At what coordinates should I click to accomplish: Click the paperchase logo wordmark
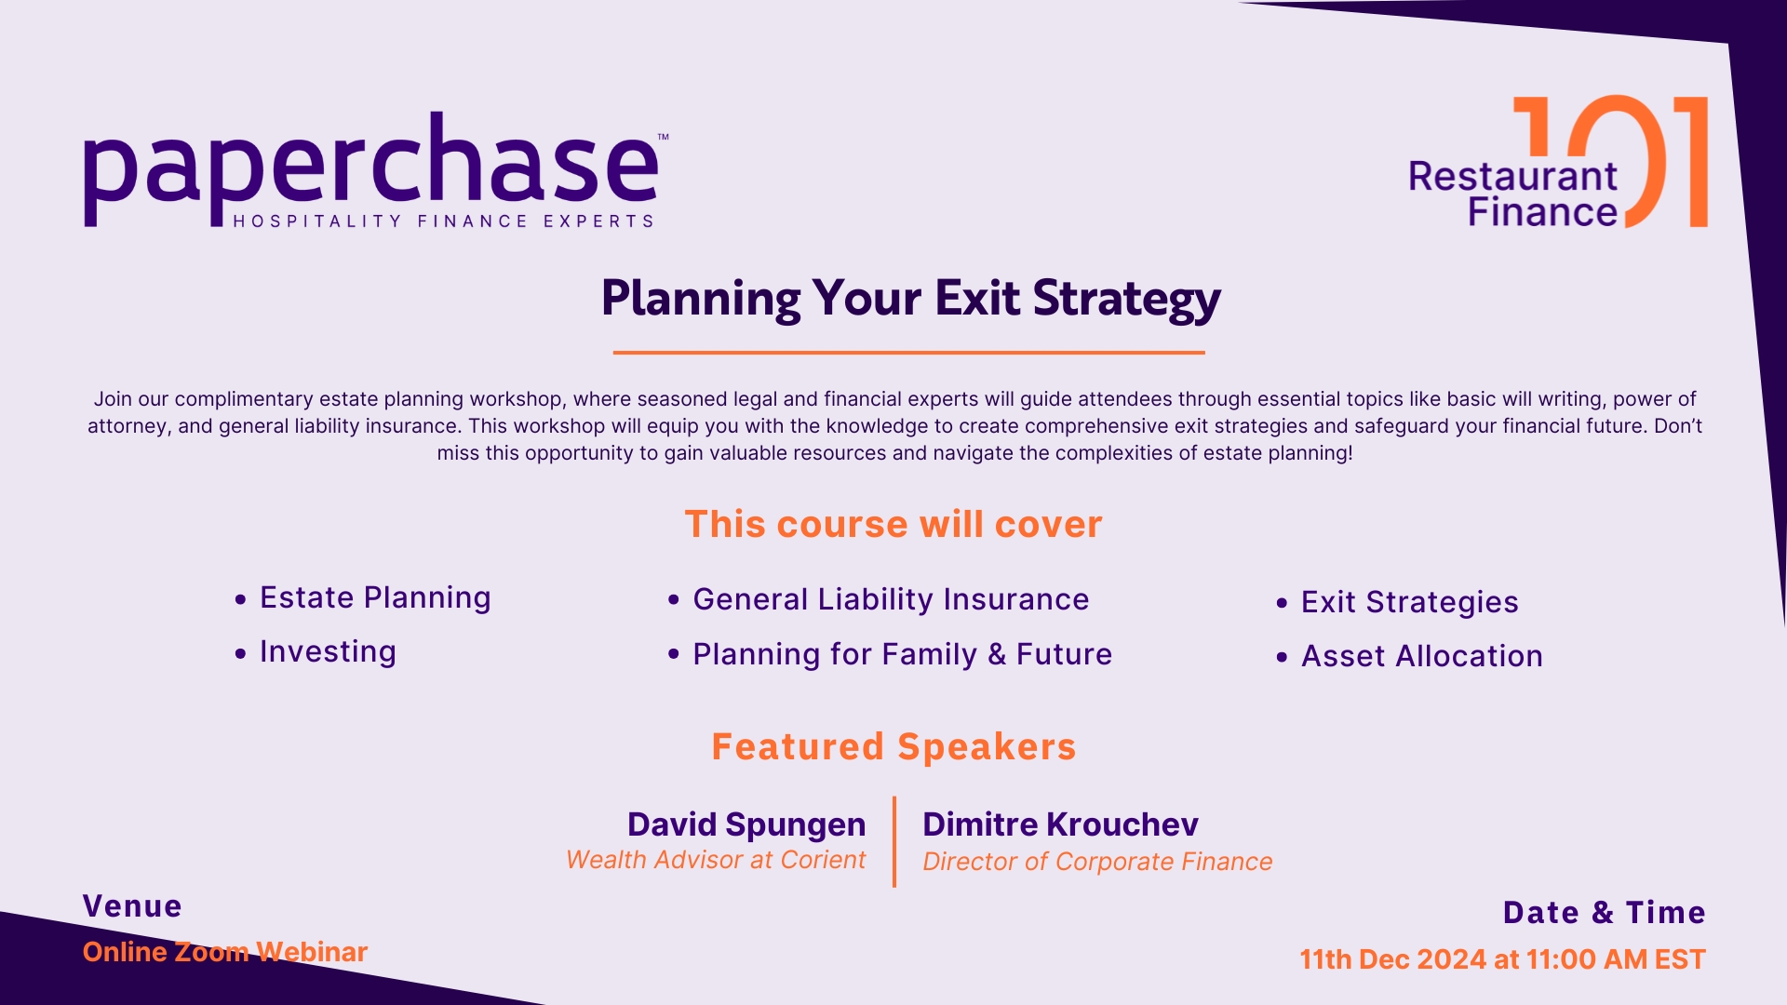tap(371, 167)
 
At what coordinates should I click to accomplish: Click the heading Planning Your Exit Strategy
tap(910, 300)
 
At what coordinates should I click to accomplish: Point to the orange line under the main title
tap(908, 353)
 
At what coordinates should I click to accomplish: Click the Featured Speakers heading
tap(893, 746)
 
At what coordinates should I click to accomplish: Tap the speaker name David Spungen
tap(746, 824)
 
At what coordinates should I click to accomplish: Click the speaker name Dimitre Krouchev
tap(1060, 824)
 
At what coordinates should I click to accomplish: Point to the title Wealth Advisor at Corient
tap(716, 860)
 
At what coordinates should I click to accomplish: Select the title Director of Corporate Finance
tap(1097, 862)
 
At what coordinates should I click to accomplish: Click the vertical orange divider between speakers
tap(893, 841)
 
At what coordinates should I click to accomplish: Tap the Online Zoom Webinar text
tap(225, 952)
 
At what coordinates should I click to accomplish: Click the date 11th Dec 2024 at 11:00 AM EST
tap(1502, 959)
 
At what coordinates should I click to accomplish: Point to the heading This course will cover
tap(893, 525)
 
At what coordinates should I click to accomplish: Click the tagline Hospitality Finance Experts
tap(443, 221)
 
